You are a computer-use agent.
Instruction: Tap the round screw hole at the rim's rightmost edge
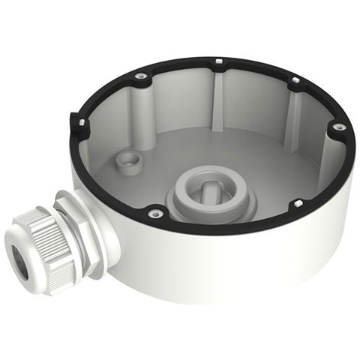pos(339,127)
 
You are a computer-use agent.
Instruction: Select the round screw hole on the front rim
pos(156,214)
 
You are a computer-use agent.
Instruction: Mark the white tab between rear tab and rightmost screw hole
pos(295,79)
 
